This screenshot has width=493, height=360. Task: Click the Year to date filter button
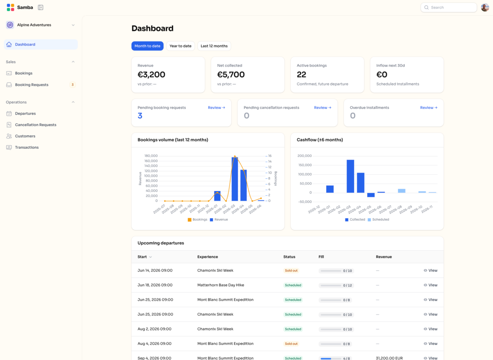(x=180, y=46)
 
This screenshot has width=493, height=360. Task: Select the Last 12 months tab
(x=214, y=46)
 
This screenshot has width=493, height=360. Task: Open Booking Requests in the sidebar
(x=32, y=85)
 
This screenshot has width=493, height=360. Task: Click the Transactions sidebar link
(x=27, y=147)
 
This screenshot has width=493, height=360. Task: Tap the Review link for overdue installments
(x=429, y=107)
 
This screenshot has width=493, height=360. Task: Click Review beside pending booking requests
(x=217, y=107)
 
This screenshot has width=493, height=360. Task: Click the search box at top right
(x=449, y=7)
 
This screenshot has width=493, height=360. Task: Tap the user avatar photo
(x=485, y=7)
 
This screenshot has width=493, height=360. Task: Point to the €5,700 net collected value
(x=231, y=75)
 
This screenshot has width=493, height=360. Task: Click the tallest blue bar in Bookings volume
(x=235, y=179)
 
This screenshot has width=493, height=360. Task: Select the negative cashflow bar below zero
(x=371, y=195)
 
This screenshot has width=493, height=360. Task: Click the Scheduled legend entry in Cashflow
(x=378, y=219)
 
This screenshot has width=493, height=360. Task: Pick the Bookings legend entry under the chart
(x=198, y=219)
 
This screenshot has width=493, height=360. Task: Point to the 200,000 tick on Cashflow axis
(x=304, y=156)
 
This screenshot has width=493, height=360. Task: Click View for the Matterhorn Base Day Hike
(x=431, y=285)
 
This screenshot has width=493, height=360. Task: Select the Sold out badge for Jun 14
(x=291, y=270)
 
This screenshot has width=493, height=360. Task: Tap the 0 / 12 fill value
(x=348, y=285)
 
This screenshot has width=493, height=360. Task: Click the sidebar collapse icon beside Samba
(x=41, y=7)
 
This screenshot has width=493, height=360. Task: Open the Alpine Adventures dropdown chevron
(x=73, y=25)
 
